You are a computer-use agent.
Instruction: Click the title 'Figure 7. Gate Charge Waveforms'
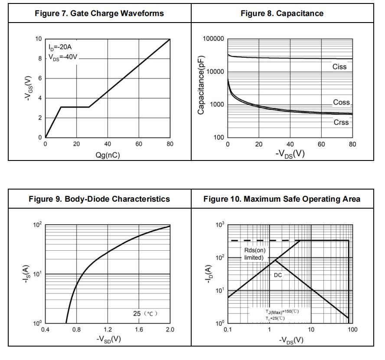tap(99, 13)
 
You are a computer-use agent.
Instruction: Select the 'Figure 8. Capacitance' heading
tap(282, 13)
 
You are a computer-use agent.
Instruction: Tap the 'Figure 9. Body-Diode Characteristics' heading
tap(99, 199)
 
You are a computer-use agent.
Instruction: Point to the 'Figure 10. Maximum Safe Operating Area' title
tap(282, 199)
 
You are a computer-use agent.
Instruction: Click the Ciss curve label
tap(339, 67)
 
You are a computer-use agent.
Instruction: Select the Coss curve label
tap(341, 103)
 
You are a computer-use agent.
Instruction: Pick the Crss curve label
tap(341, 122)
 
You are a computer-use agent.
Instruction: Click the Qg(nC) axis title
tap(108, 154)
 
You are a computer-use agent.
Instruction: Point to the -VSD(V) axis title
tap(108, 339)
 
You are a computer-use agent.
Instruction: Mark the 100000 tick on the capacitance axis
tap(213, 39)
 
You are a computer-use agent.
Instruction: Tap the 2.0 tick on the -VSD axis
tap(170, 330)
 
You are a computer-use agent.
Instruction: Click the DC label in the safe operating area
tap(277, 275)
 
